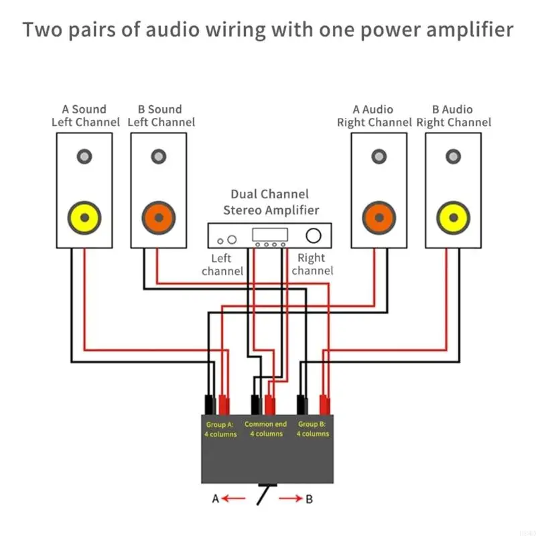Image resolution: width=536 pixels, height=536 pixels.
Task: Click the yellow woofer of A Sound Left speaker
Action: pos(84,217)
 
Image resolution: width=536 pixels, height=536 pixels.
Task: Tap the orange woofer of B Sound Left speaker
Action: pos(158,217)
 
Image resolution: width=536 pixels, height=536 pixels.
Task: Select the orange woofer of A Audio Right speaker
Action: pos(379,217)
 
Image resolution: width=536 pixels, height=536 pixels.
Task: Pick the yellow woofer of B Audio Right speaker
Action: pos(453,217)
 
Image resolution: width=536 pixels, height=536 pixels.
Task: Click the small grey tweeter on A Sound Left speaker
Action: pos(84,157)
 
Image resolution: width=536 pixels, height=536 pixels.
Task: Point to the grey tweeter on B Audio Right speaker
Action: pos(453,157)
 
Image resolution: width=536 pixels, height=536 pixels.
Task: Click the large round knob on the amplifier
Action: pos(313,236)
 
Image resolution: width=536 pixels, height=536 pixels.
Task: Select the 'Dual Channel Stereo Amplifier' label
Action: pos(271,202)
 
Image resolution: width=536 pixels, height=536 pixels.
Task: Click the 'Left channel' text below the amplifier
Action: pos(222,265)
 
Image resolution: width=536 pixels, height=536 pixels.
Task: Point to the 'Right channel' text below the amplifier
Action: pos(312,264)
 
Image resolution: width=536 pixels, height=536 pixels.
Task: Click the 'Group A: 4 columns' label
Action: pos(220,429)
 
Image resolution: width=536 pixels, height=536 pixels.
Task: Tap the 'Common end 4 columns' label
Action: pos(266,429)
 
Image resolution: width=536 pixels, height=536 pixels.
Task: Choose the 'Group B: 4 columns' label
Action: pos(312,429)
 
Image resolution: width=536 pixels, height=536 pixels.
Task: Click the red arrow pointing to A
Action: pos(234,498)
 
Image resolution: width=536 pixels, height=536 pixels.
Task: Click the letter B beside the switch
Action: pos(309,498)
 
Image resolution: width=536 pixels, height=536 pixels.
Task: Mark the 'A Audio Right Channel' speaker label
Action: pos(374,116)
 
